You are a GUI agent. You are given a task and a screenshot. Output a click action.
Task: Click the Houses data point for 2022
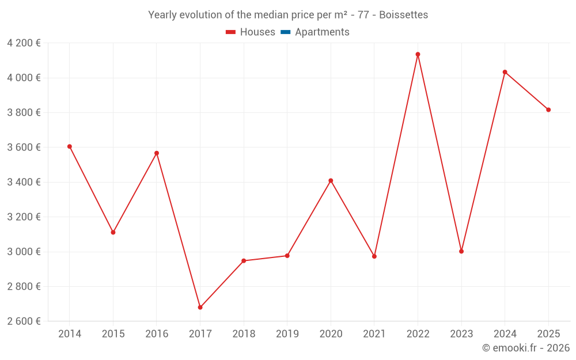pyautogui.click(x=418, y=55)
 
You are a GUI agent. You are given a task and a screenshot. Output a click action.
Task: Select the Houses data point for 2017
pyautogui.click(x=200, y=308)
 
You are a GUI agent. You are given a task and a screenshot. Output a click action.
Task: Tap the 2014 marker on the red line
pyautogui.click(x=70, y=146)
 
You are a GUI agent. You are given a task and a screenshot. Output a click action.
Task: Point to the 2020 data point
pyautogui.click(x=331, y=181)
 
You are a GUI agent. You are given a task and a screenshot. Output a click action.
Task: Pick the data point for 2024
pyautogui.click(x=505, y=72)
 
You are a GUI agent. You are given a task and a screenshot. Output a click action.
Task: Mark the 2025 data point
pyautogui.click(x=548, y=110)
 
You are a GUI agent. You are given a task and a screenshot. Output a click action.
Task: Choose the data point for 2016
pyautogui.click(x=157, y=153)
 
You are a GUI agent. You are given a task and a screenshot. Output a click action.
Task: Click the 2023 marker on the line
pyautogui.click(x=461, y=251)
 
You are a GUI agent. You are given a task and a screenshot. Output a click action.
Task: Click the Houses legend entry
pyautogui.click(x=251, y=32)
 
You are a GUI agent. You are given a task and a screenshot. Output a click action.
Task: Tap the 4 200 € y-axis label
pyautogui.click(x=24, y=43)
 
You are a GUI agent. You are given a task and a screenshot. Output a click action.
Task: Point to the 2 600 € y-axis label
pyautogui.click(x=24, y=321)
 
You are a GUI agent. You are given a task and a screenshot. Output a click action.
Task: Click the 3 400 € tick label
pyautogui.click(x=24, y=183)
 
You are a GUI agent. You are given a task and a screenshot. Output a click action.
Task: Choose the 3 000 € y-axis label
pyautogui.click(x=24, y=252)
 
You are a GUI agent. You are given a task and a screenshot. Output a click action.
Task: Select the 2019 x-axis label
pyautogui.click(x=287, y=334)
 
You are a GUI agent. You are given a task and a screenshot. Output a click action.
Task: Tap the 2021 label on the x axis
pyautogui.click(x=374, y=334)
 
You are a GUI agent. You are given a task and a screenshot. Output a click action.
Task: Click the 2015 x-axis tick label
pyautogui.click(x=113, y=334)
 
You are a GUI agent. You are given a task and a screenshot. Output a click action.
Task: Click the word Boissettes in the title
pyautogui.click(x=403, y=15)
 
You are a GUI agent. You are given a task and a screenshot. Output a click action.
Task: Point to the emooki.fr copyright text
pyautogui.click(x=526, y=348)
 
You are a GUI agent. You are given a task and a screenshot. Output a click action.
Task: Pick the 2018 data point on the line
pyautogui.click(x=244, y=261)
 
